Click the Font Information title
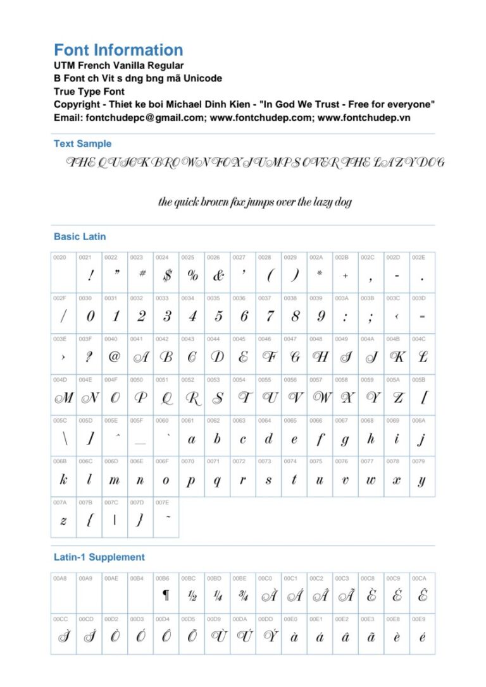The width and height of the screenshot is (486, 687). (x=118, y=50)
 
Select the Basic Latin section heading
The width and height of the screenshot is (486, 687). (x=80, y=236)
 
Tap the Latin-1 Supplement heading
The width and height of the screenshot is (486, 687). (x=99, y=557)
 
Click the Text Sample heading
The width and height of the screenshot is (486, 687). (x=82, y=143)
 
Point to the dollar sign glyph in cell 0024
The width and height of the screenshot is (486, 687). (x=166, y=276)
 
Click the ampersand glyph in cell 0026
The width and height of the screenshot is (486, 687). (x=218, y=276)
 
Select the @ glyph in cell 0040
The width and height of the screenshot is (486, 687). (x=115, y=357)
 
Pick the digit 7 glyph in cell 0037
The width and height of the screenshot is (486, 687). (x=270, y=316)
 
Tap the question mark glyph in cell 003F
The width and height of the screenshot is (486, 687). (x=89, y=357)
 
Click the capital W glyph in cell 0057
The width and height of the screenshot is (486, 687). (x=321, y=398)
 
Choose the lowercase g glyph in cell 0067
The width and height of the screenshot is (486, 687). (x=346, y=439)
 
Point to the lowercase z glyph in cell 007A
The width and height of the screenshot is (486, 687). (x=63, y=520)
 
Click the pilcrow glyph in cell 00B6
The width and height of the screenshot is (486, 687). (x=166, y=595)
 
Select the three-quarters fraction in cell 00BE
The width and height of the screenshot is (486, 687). (x=243, y=595)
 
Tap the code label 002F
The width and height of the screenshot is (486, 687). (x=60, y=298)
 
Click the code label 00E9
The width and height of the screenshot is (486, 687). (x=418, y=619)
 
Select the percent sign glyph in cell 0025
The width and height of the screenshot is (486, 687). (x=192, y=276)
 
